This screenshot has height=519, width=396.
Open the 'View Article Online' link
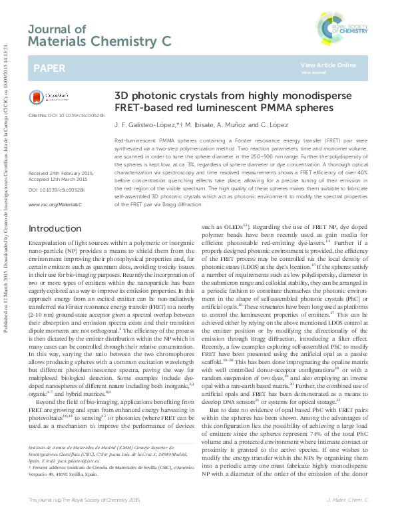point(327,65)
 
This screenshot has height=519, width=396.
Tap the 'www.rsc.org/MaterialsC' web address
point(55,204)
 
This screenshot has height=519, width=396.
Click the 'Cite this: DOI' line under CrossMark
point(67,115)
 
